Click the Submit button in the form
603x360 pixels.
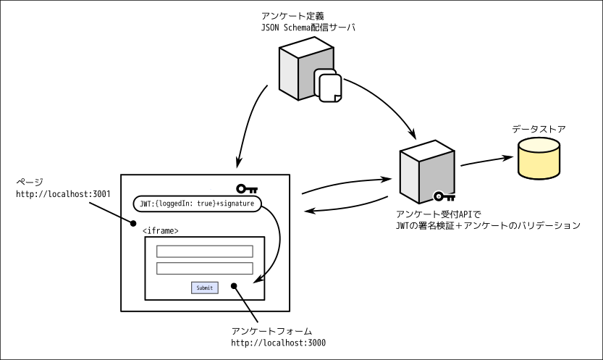coord(205,288)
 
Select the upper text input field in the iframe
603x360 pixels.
coord(205,251)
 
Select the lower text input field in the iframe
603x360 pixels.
coord(205,268)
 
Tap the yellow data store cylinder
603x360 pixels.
coord(539,157)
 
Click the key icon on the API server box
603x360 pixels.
coord(444,196)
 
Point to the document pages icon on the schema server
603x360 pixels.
coord(328,86)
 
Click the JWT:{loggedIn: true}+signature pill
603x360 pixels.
coord(197,204)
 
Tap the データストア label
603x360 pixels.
coord(539,129)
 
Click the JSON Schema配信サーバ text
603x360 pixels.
coord(308,28)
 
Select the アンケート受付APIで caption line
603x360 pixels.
coord(439,214)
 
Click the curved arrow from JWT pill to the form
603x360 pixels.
coord(279,239)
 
